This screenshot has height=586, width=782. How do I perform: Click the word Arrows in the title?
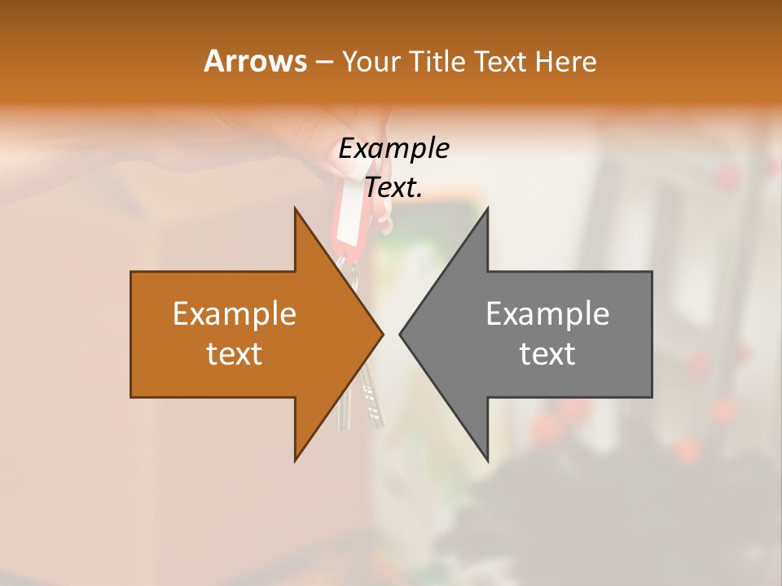tap(255, 61)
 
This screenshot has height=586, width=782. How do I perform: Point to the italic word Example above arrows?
tap(393, 149)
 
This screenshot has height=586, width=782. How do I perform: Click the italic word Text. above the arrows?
tap(393, 188)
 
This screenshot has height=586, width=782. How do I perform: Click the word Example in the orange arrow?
tap(235, 314)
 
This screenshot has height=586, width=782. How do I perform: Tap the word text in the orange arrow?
tap(235, 354)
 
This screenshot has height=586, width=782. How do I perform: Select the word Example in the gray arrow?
tap(547, 314)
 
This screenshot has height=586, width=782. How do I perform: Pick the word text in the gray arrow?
tap(547, 354)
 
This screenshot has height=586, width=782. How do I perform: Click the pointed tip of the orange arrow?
tap(381, 334)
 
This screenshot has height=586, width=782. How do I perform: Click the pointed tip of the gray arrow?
tap(401, 334)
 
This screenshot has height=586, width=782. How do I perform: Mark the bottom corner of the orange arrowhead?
tap(296, 459)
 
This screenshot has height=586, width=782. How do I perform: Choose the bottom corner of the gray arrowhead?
tap(487, 459)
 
